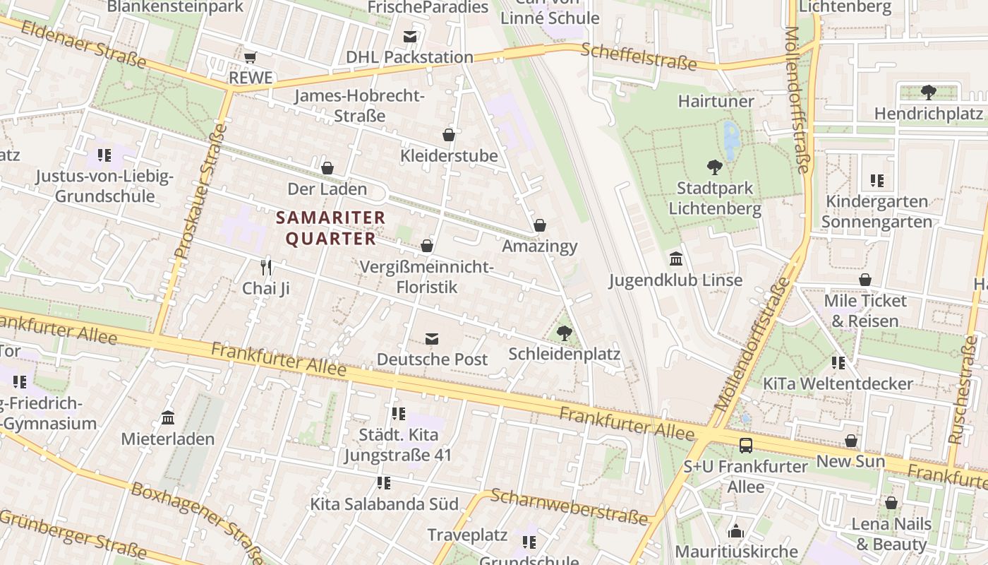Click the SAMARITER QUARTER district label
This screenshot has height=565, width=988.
coord(330,228)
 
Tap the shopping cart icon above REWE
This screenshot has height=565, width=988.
coord(250,57)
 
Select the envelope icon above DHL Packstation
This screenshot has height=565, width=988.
coord(410,37)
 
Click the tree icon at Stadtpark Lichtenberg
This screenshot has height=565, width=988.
coord(714,167)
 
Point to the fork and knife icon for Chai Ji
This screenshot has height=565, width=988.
coord(266,267)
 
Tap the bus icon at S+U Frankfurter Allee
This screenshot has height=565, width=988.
coord(746,446)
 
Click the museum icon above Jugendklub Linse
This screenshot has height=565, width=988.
coord(675,258)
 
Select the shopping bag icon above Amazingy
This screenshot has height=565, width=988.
coord(540,225)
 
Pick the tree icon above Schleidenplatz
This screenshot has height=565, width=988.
coord(564,333)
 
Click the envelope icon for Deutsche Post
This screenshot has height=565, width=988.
coord(432,338)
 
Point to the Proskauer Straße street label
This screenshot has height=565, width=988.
coord(200,191)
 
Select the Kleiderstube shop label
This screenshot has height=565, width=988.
coord(449,155)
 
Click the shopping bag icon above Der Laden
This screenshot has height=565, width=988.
coord(327,168)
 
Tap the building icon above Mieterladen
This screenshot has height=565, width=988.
coord(168,418)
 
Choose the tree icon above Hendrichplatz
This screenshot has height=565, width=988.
coord(928,92)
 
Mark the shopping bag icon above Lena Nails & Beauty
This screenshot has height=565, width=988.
coord(891,503)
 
